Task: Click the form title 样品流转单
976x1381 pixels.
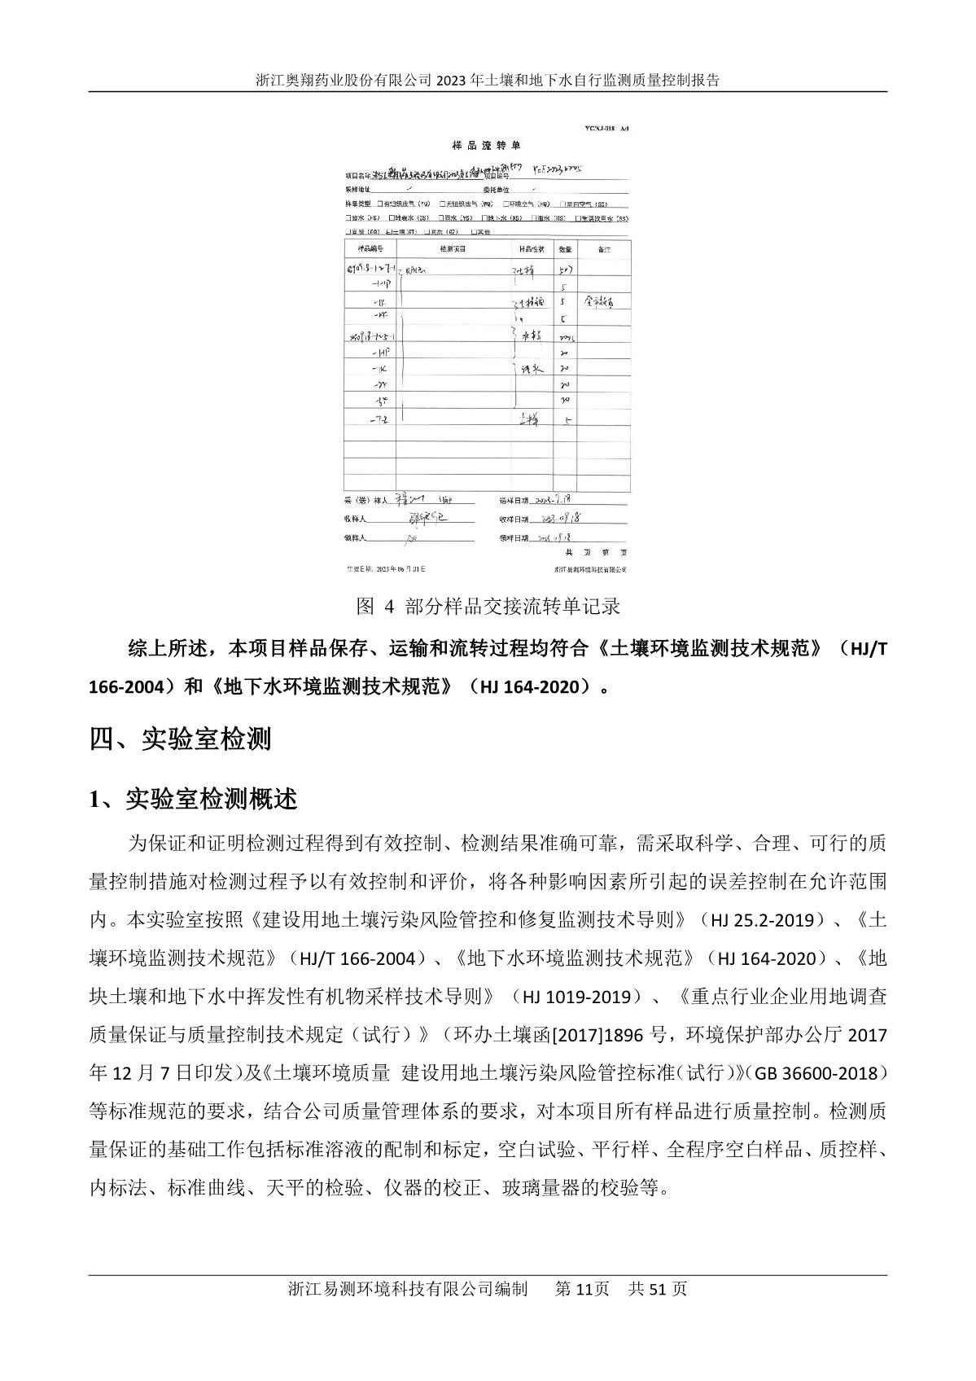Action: tap(486, 145)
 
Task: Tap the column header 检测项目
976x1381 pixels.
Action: tap(453, 248)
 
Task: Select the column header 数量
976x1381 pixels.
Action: tap(565, 248)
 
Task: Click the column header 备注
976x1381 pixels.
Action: tap(603, 248)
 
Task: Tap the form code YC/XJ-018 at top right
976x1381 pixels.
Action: tap(602, 129)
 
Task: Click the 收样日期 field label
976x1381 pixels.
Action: tap(513, 520)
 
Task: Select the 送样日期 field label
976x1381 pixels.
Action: tap(513, 500)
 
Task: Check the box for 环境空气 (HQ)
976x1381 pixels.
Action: tap(506, 204)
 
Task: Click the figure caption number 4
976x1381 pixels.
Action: tap(388, 607)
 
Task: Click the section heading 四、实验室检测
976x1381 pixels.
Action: tap(180, 739)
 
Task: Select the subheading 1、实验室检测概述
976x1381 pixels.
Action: tap(193, 800)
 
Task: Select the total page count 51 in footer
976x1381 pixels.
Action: tap(658, 1289)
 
